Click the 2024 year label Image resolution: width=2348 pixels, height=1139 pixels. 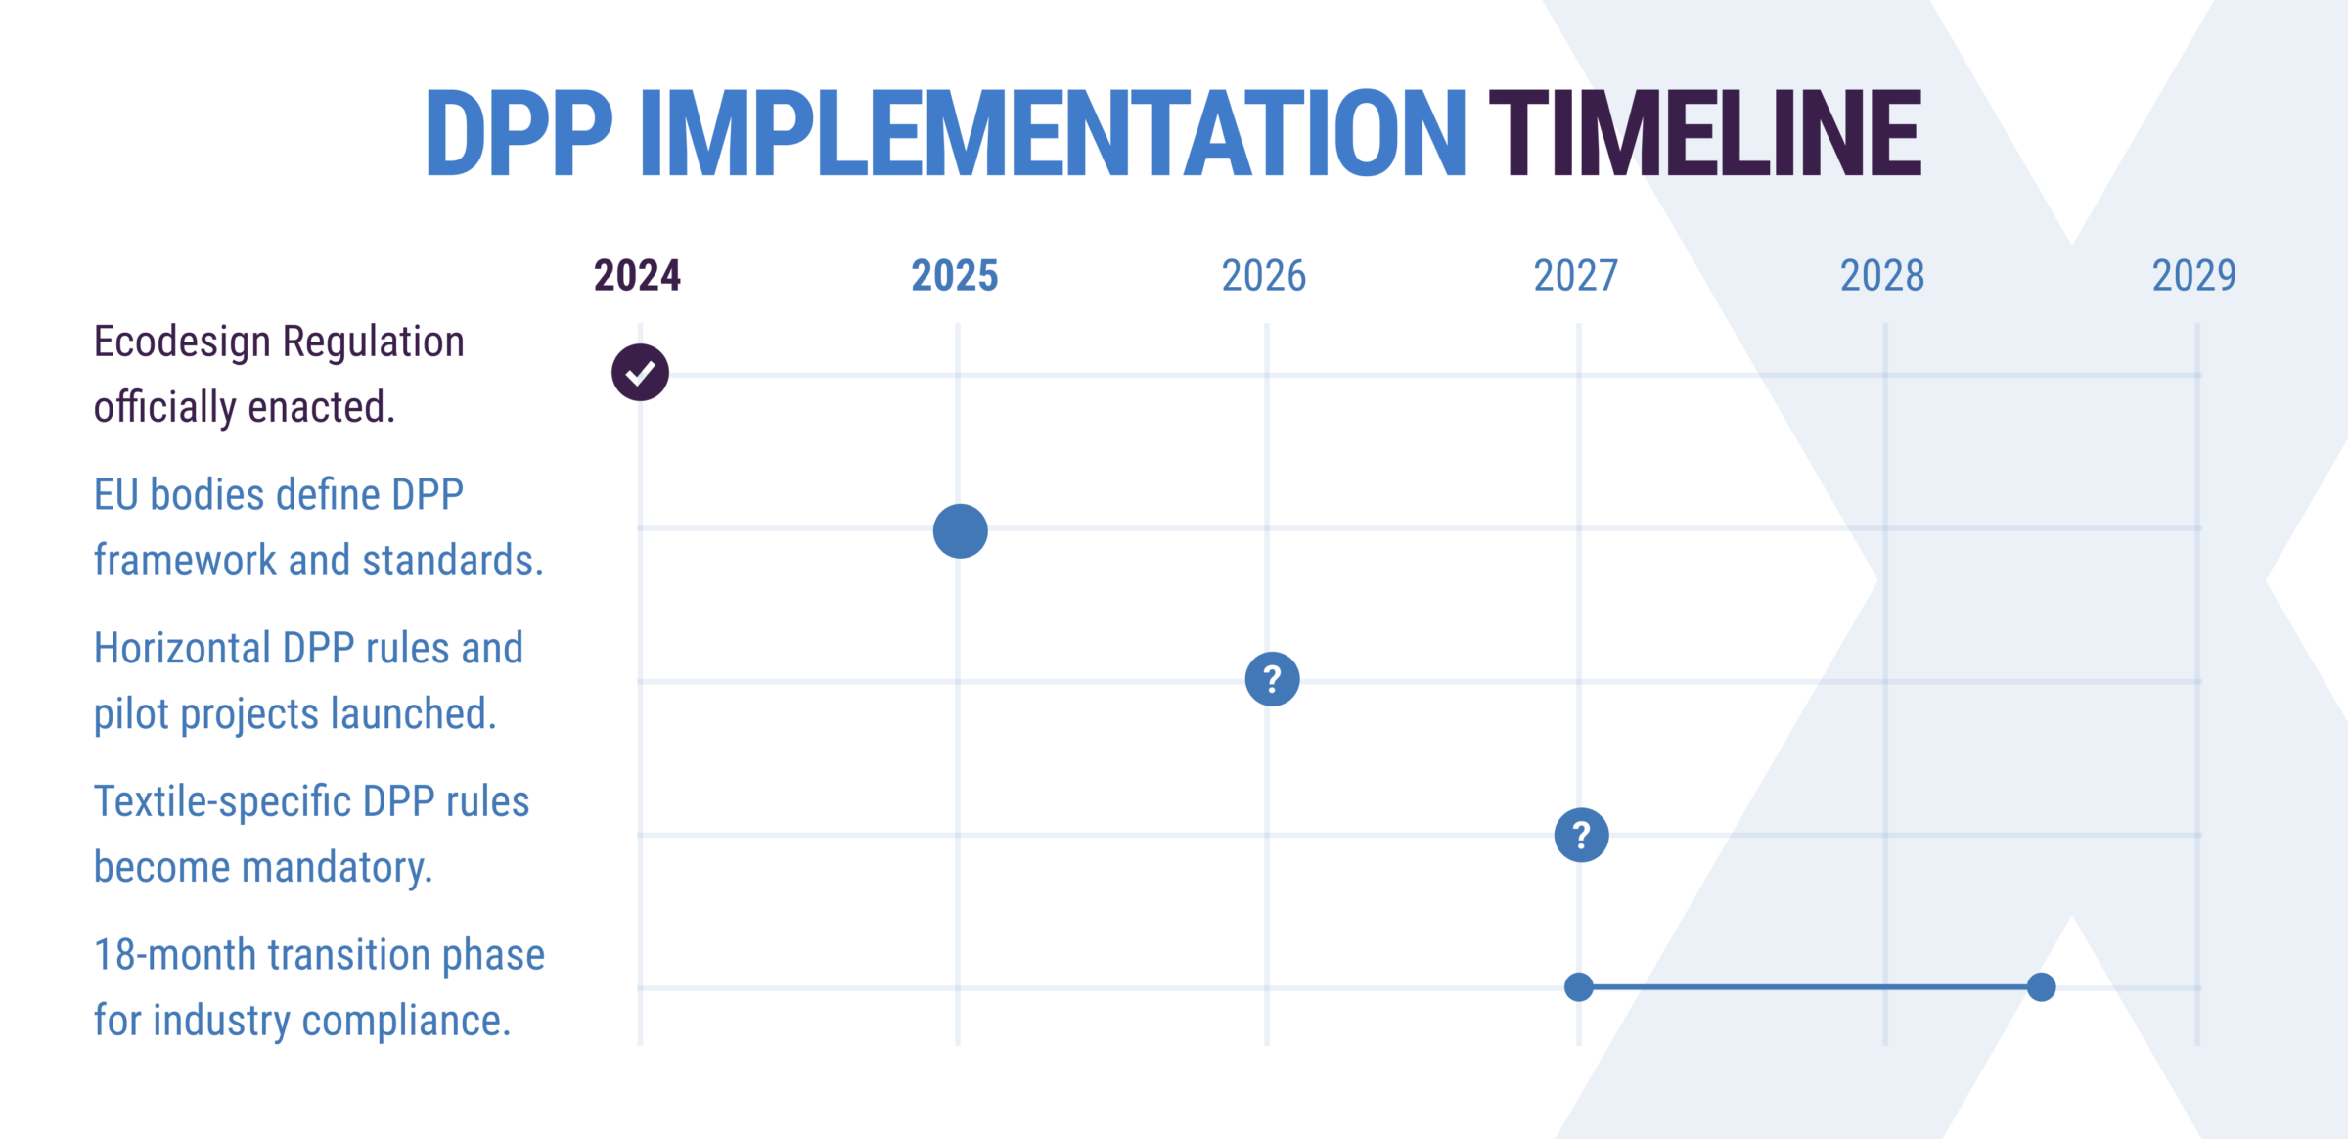click(x=637, y=276)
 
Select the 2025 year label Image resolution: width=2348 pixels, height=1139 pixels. click(x=955, y=276)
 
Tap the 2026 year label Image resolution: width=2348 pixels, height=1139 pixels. click(x=1264, y=276)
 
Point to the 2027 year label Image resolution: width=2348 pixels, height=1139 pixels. click(x=1576, y=276)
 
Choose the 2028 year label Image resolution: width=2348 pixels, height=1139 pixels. click(x=1882, y=276)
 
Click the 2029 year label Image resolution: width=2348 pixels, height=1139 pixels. click(x=2194, y=276)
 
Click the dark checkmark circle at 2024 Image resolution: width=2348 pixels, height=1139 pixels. click(x=640, y=373)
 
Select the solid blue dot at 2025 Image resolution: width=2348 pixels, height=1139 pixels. click(x=960, y=531)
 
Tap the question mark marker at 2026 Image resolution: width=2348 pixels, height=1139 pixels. click(x=1272, y=679)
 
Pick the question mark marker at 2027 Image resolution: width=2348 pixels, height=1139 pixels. click(x=1581, y=835)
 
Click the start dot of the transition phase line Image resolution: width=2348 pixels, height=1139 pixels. click(x=1578, y=987)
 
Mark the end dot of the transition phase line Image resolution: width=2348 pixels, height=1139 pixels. click(x=2041, y=987)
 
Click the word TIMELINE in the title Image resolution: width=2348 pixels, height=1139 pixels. click(x=1705, y=133)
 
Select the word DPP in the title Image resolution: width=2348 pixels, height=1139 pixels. click(x=519, y=133)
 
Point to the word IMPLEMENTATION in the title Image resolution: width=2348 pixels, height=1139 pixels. click(x=1053, y=133)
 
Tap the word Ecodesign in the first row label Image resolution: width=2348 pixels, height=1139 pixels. click(x=182, y=342)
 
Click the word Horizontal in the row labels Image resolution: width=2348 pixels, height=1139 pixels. click(x=183, y=648)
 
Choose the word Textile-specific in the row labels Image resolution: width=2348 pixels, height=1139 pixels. click(x=222, y=801)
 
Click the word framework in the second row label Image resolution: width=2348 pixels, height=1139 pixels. click(x=185, y=561)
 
